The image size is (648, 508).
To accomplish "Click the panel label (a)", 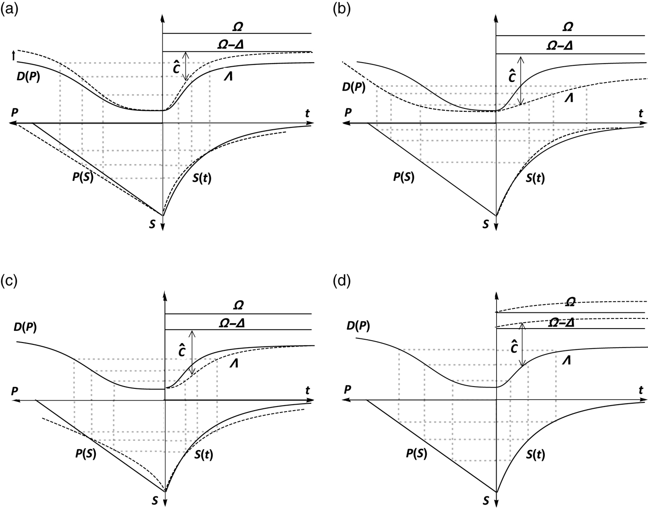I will pyautogui.click(x=9, y=9).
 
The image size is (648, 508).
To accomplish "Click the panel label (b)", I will pyautogui.click(x=342, y=9).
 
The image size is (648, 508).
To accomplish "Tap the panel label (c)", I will pyautogui.click(x=9, y=280).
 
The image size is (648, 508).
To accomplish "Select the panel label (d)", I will pyautogui.click(x=342, y=280).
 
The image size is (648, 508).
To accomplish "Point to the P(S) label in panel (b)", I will pyautogui.click(x=404, y=178).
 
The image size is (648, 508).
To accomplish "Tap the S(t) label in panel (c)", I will pyautogui.click(x=204, y=455).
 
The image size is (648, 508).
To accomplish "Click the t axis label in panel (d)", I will pyautogui.click(x=641, y=390).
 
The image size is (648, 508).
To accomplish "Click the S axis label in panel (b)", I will pyautogui.click(x=486, y=224).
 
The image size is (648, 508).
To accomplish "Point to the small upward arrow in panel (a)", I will pyautogui.click(x=13, y=56).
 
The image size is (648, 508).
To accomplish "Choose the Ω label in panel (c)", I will pyautogui.click(x=239, y=305).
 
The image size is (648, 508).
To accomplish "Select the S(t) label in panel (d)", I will pyautogui.click(x=536, y=455).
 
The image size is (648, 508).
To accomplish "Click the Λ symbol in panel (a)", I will pyautogui.click(x=227, y=76).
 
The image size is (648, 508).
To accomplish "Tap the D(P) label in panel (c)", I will pyautogui.click(x=25, y=327).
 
